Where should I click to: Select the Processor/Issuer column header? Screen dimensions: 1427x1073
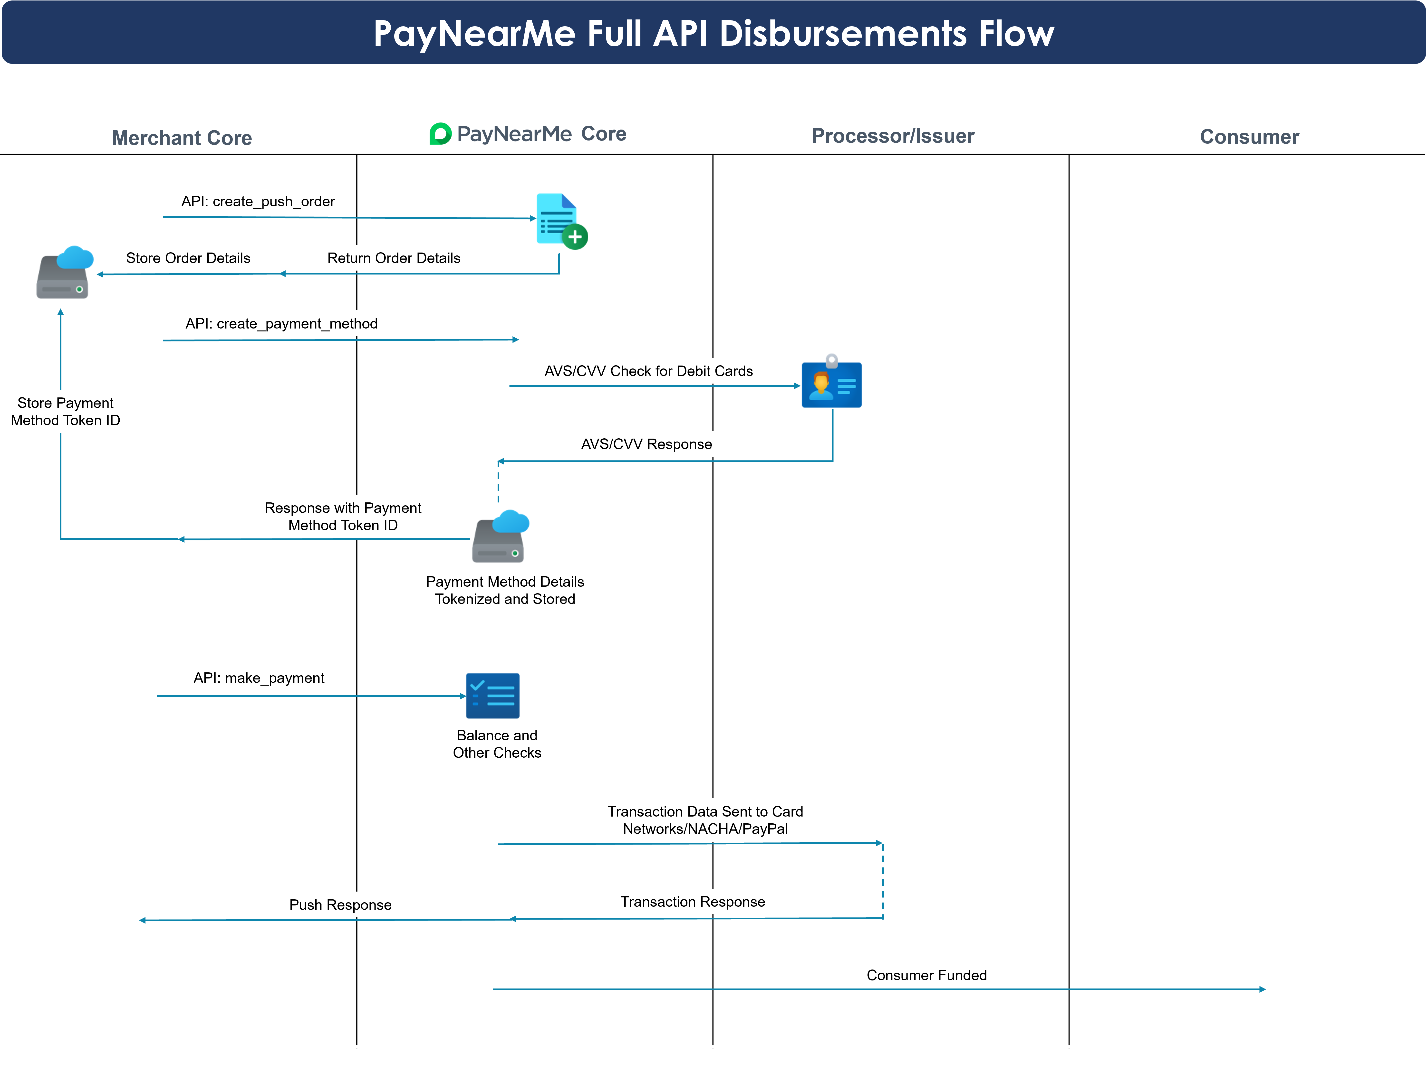pos(893,136)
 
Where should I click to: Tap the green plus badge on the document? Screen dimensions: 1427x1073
pos(575,237)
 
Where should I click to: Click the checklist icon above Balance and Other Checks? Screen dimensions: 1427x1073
pos(493,696)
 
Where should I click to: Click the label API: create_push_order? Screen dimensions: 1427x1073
pos(258,201)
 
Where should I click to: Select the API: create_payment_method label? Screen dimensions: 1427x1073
pos(281,324)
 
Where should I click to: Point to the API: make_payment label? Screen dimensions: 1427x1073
pos(259,678)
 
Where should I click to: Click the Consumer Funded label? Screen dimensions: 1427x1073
pos(926,975)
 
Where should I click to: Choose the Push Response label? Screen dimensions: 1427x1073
pos(340,905)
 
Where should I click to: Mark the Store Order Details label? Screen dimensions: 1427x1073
pos(188,258)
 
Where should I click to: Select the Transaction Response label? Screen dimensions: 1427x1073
pos(693,902)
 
